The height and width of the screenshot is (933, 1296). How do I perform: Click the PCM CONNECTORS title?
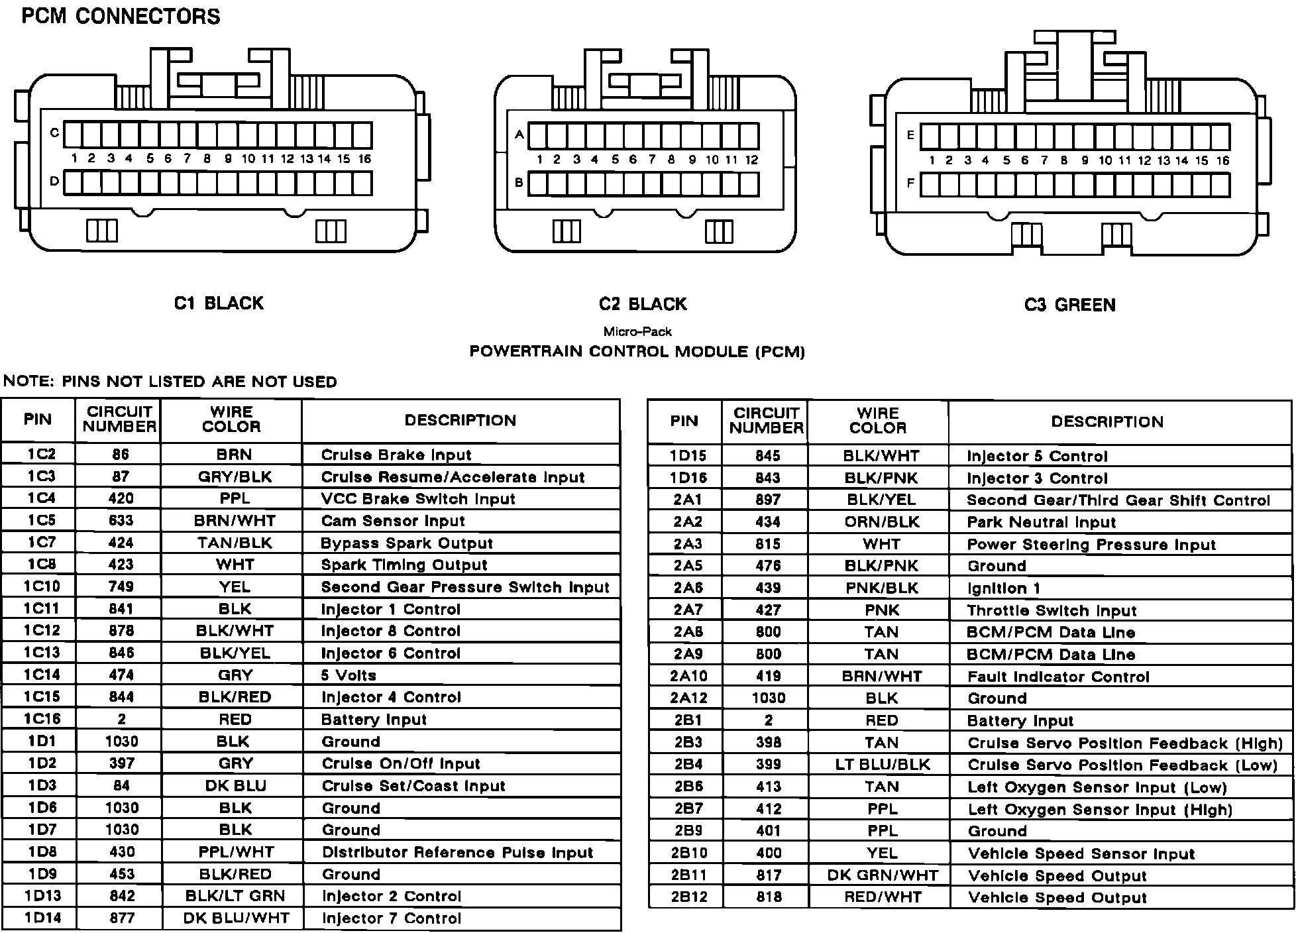121,16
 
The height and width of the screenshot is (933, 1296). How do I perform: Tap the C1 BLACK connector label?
219,303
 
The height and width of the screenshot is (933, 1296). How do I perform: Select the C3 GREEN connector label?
1069,305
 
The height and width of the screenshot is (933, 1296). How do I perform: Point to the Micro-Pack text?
637,331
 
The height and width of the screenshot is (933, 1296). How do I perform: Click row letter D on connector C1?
54,181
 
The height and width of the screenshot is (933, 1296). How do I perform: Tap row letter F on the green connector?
910,183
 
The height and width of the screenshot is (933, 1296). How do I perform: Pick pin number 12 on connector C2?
751,160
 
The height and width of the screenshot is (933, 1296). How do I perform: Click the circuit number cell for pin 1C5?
121,521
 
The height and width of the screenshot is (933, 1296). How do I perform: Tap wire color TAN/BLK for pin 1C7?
235,543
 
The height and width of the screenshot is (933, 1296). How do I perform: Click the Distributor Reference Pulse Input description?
457,852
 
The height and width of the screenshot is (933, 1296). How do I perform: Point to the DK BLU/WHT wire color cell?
236,918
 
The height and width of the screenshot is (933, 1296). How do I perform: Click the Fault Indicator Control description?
1058,677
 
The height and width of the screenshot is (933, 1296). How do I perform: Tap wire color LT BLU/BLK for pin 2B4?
882,765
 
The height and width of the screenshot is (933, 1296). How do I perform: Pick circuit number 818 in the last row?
768,897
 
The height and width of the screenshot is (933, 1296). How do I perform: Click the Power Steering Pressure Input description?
1091,545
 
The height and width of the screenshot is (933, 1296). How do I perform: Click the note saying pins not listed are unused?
170,382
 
